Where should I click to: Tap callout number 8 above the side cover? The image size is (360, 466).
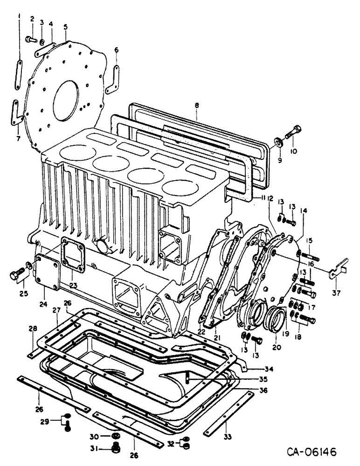(x=197, y=106)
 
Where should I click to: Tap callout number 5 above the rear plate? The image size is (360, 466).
(x=66, y=27)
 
